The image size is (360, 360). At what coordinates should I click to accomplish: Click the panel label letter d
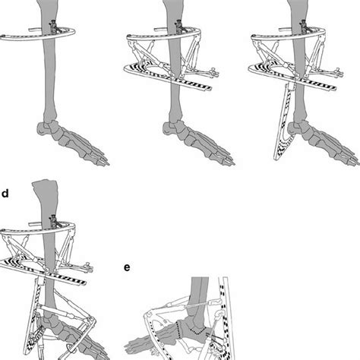pos(5,193)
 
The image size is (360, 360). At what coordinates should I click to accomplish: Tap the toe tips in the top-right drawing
pos(354,159)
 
